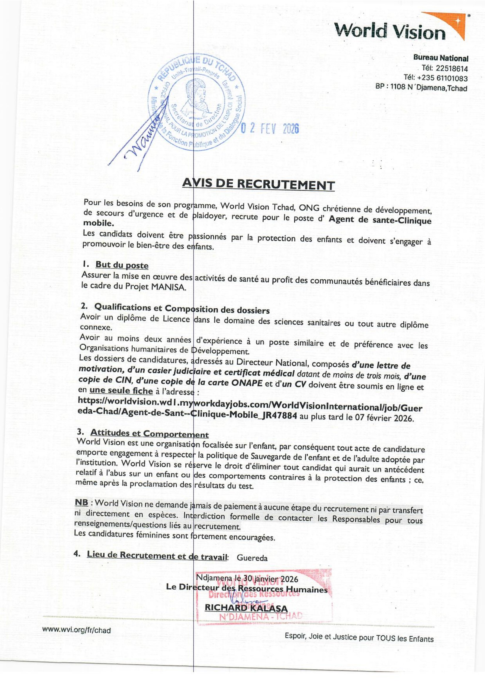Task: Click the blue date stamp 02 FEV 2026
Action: [270, 129]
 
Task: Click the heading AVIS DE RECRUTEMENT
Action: [258, 185]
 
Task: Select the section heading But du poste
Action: [122, 265]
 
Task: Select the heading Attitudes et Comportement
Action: [149, 434]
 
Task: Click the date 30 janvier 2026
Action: [271, 579]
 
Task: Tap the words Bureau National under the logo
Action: [440, 58]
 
